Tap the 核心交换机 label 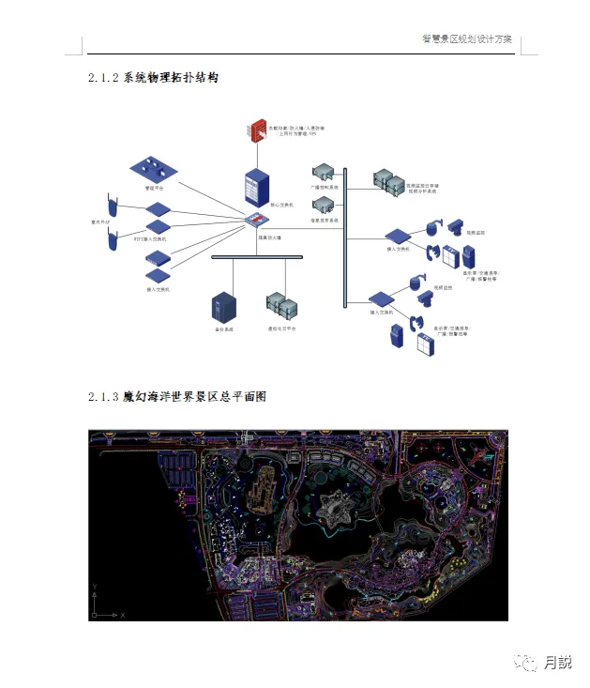(281, 204)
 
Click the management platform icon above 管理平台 (154, 170)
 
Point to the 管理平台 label (154, 188)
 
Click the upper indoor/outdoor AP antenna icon (113, 205)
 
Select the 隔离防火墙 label (269, 237)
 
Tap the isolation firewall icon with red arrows (256, 221)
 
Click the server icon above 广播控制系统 (324, 172)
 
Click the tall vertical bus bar (345, 235)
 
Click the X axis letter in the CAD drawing (123, 615)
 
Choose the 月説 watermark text (557, 662)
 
